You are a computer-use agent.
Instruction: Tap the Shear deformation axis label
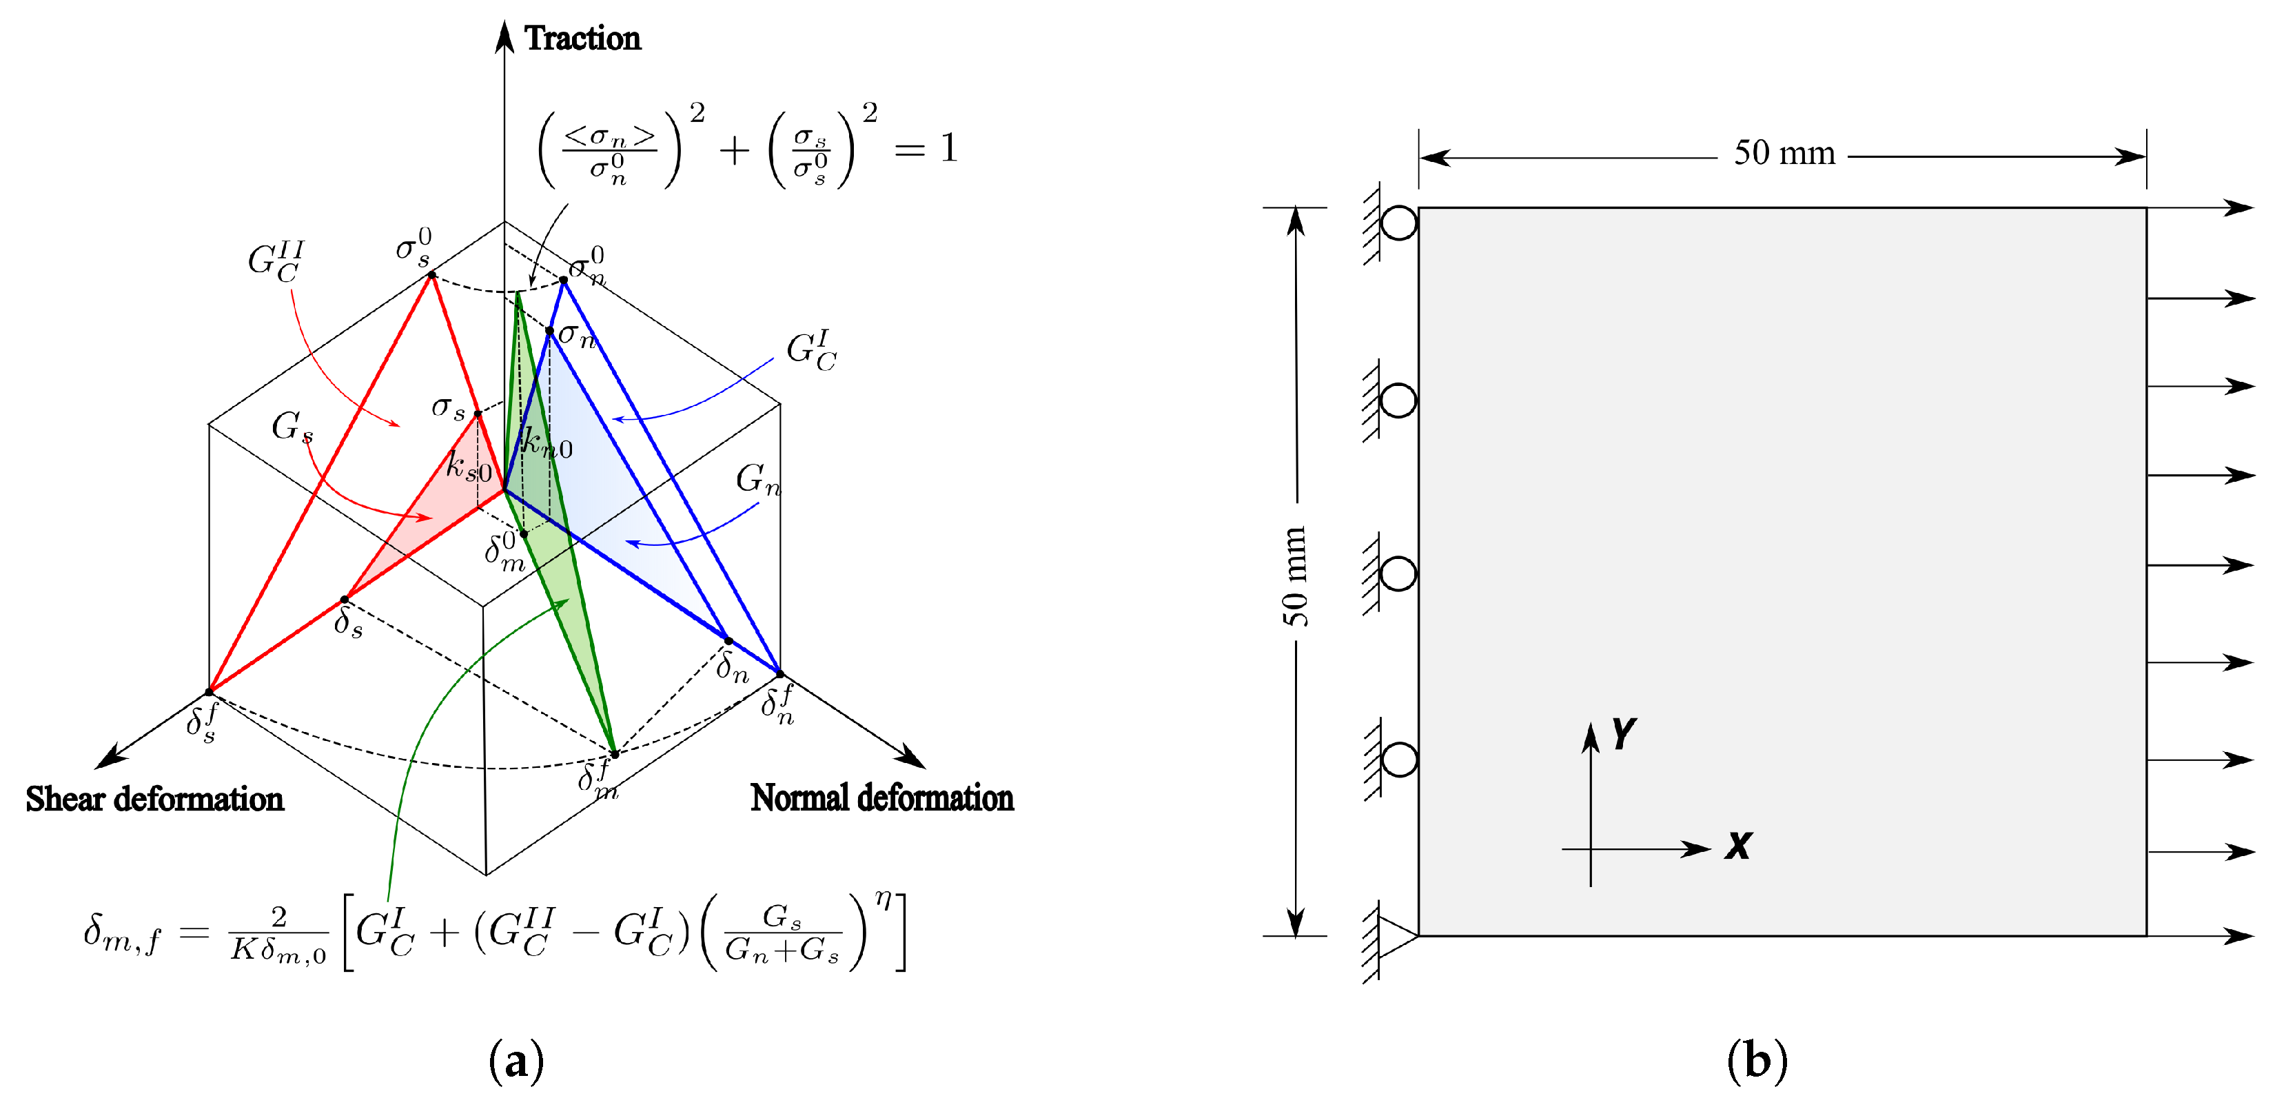click(154, 799)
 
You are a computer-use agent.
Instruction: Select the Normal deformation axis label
click(881, 797)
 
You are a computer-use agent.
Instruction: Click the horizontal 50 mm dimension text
click(1784, 153)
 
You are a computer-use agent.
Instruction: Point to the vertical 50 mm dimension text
click(1295, 576)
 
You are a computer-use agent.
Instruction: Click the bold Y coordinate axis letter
click(1623, 733)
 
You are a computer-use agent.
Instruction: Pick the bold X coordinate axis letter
click(1738, 845)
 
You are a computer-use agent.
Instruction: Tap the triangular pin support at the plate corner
click(1396, 936)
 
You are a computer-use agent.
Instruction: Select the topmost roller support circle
click(1398, 223)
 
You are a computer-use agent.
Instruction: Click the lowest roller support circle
click(1398, 760)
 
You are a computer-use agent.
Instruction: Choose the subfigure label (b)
click(1757, 1059)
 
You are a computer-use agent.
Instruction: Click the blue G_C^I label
click(810, 351)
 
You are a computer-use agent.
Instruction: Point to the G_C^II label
click(276, 261)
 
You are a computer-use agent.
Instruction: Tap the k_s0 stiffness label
click(468, 465)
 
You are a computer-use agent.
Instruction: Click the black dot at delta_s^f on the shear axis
click(210, 691)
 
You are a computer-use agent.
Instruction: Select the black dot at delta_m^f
click(615, 754)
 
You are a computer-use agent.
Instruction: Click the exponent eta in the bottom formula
click(882, 899)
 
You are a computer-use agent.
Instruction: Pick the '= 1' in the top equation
click(926, 148)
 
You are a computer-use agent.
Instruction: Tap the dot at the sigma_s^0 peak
click(431, 275)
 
